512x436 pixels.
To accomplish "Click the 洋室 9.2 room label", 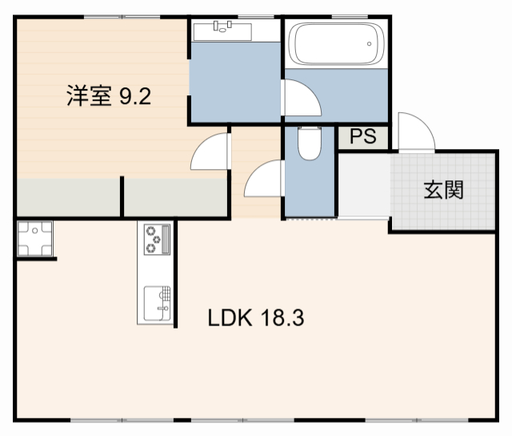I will (108, 97).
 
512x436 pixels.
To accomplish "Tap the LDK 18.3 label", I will (255, 318).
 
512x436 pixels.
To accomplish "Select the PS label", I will (362, 137).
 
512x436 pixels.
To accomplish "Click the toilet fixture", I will (308, 144).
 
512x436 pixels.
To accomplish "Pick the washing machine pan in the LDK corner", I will (35, 238).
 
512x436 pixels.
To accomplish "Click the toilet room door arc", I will (264, 179).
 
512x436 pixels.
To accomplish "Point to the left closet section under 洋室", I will (68, 196).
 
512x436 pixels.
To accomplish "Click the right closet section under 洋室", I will (177, 196).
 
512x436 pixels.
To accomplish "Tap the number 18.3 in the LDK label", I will (281, 318).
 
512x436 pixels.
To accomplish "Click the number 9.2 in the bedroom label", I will (135, 97).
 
